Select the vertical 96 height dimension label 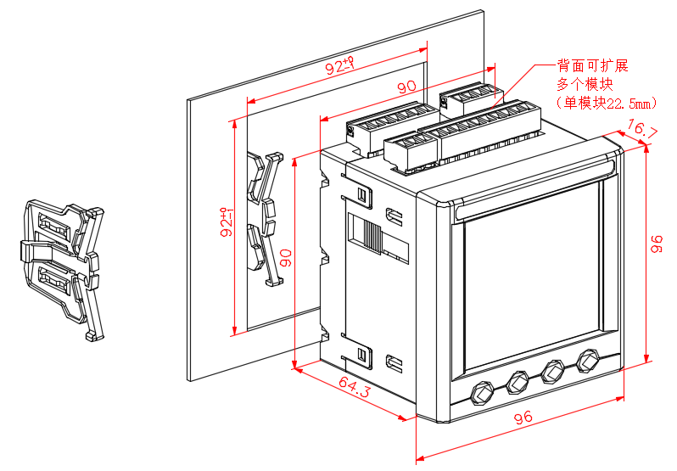pos(655,245)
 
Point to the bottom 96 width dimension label pos(523,418)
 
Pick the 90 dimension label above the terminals pos(406,87)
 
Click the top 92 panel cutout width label pos(339,64)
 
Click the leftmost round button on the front pos(482,393)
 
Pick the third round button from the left pos(553,372)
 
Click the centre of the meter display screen pos(532,280)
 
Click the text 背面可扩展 pos(592,66)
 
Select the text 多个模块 pos(585,84)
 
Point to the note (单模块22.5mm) pos(606,103)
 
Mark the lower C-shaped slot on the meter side pos(394,362)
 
